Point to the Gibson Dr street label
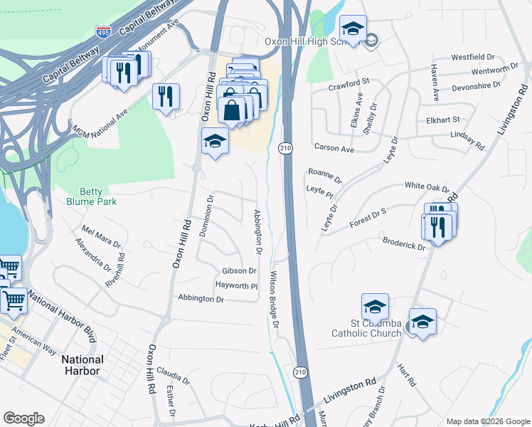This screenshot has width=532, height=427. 239,271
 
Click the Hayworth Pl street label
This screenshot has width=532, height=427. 236,285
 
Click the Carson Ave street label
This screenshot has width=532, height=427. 334,149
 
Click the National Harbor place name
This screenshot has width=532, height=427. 82,364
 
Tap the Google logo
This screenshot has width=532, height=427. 23,418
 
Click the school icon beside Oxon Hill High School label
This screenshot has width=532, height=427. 353,29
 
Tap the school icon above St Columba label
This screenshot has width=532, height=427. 375,307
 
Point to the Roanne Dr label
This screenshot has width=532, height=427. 325,176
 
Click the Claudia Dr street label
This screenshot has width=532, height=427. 174,375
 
